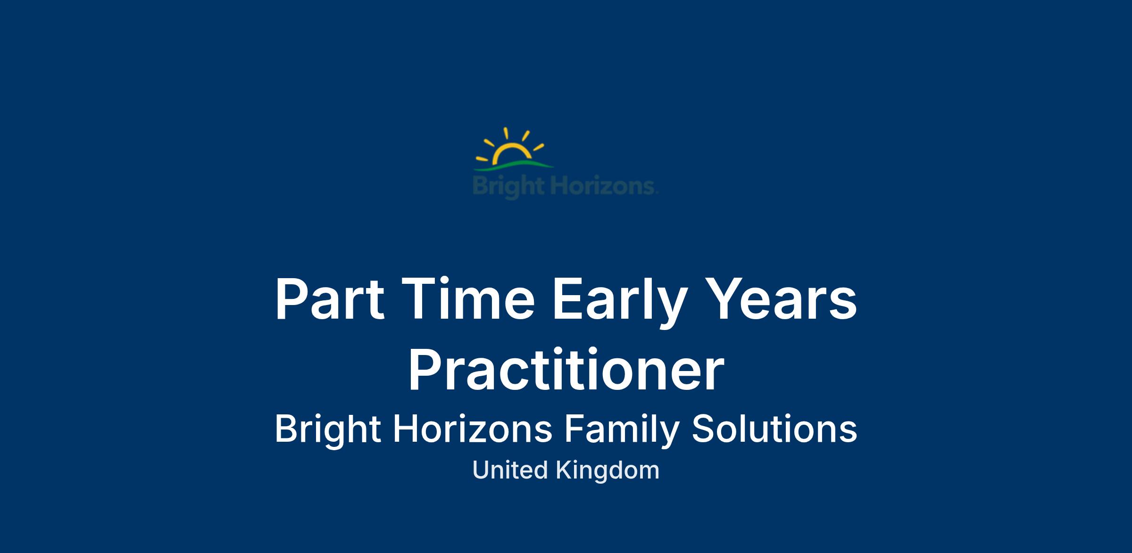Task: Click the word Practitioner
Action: coord(566,369)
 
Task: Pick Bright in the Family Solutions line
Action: coord(328,430)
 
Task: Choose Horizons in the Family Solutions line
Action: coord(472,429)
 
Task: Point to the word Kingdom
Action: coord(608,471)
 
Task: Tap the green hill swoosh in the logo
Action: coord(514,165)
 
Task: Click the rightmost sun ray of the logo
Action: coord(539,148)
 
